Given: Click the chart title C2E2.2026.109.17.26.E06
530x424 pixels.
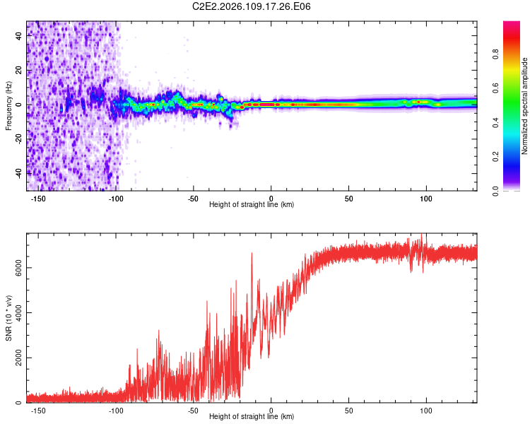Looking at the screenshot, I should (252, 6).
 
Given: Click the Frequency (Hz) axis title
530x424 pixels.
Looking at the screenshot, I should (8, 105).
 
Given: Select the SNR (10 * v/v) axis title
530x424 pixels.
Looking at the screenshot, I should (8, 318).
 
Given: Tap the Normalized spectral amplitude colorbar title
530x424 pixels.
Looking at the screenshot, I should (524, 106).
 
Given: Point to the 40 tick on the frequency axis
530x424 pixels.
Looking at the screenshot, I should (19, 37).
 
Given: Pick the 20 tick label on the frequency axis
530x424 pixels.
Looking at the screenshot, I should (19, 71).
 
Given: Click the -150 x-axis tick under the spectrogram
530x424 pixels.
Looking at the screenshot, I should (38, 198).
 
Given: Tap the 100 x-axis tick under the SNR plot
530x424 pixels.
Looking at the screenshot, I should (426, 410).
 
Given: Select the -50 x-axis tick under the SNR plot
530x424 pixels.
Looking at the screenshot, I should (194, 410).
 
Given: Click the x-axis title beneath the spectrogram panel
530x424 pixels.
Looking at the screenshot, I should (252, 205).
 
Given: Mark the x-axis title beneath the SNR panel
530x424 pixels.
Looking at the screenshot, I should (252, 417).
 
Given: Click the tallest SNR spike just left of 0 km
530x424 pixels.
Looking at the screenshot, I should (252, 254).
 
